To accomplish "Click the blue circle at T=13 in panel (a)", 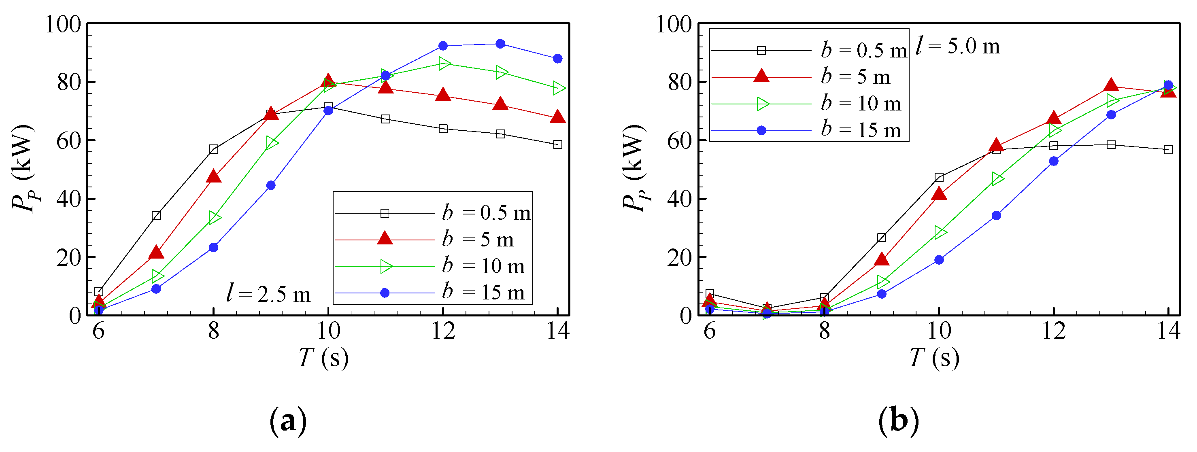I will coord(500,44).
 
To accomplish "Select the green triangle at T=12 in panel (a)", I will coord(444,64).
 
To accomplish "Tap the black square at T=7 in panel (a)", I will coord(156,216).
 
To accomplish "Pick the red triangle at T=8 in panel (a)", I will coord(214,176).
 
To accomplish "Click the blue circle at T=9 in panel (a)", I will coord(271,185).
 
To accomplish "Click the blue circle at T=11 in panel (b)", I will coord(996,216).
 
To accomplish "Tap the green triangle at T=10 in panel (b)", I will coord(940,232).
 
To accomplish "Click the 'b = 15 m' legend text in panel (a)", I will coord(483,293).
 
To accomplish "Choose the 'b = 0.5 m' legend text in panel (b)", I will coord(863,50).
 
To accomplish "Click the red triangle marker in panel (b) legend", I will coord(761,76).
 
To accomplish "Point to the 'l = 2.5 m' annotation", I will coord(268,294).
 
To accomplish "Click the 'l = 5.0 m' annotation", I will coord(957,47).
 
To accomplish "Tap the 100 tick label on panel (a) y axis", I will coord(63,24).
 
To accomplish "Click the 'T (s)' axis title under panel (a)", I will coord(323,358).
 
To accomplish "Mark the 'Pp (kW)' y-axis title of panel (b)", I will coord(635,168).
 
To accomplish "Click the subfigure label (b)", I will coord(899,421).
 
